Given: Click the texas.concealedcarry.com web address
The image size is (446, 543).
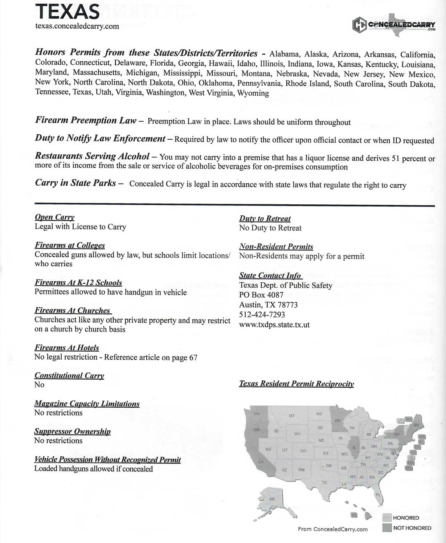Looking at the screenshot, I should [77, 26].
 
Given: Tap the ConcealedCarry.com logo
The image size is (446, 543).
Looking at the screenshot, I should [393, 25].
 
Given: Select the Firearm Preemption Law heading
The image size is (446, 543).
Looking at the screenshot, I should [86, 120].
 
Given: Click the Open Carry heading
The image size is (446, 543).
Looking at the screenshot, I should [54, 217].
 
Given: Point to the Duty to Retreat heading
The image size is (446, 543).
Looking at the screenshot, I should [265, 219].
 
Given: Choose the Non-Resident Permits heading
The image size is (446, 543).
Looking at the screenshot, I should [276, 246].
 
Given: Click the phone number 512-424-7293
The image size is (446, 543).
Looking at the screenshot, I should [262, 314].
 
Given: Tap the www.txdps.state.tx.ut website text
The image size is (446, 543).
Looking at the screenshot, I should [274, 324].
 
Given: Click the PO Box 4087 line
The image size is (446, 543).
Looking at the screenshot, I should [261, 295].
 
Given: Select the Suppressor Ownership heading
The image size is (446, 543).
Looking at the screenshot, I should [72, 431].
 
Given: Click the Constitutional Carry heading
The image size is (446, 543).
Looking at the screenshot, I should [69, 375].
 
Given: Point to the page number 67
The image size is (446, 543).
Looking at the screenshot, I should [193, 358].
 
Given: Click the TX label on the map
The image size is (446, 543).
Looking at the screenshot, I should [324, 482].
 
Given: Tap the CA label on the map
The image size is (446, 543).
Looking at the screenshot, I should [260, 462].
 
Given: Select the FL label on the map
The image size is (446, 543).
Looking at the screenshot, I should [378, 495].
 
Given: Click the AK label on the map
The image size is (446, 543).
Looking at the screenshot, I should [272, 499].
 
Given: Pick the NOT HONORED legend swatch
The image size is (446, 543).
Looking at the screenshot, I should [387, 528].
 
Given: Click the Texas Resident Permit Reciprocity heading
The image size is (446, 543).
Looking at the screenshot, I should [296, 384].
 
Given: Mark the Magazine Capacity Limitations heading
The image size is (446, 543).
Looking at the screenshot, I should [87, 404].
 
